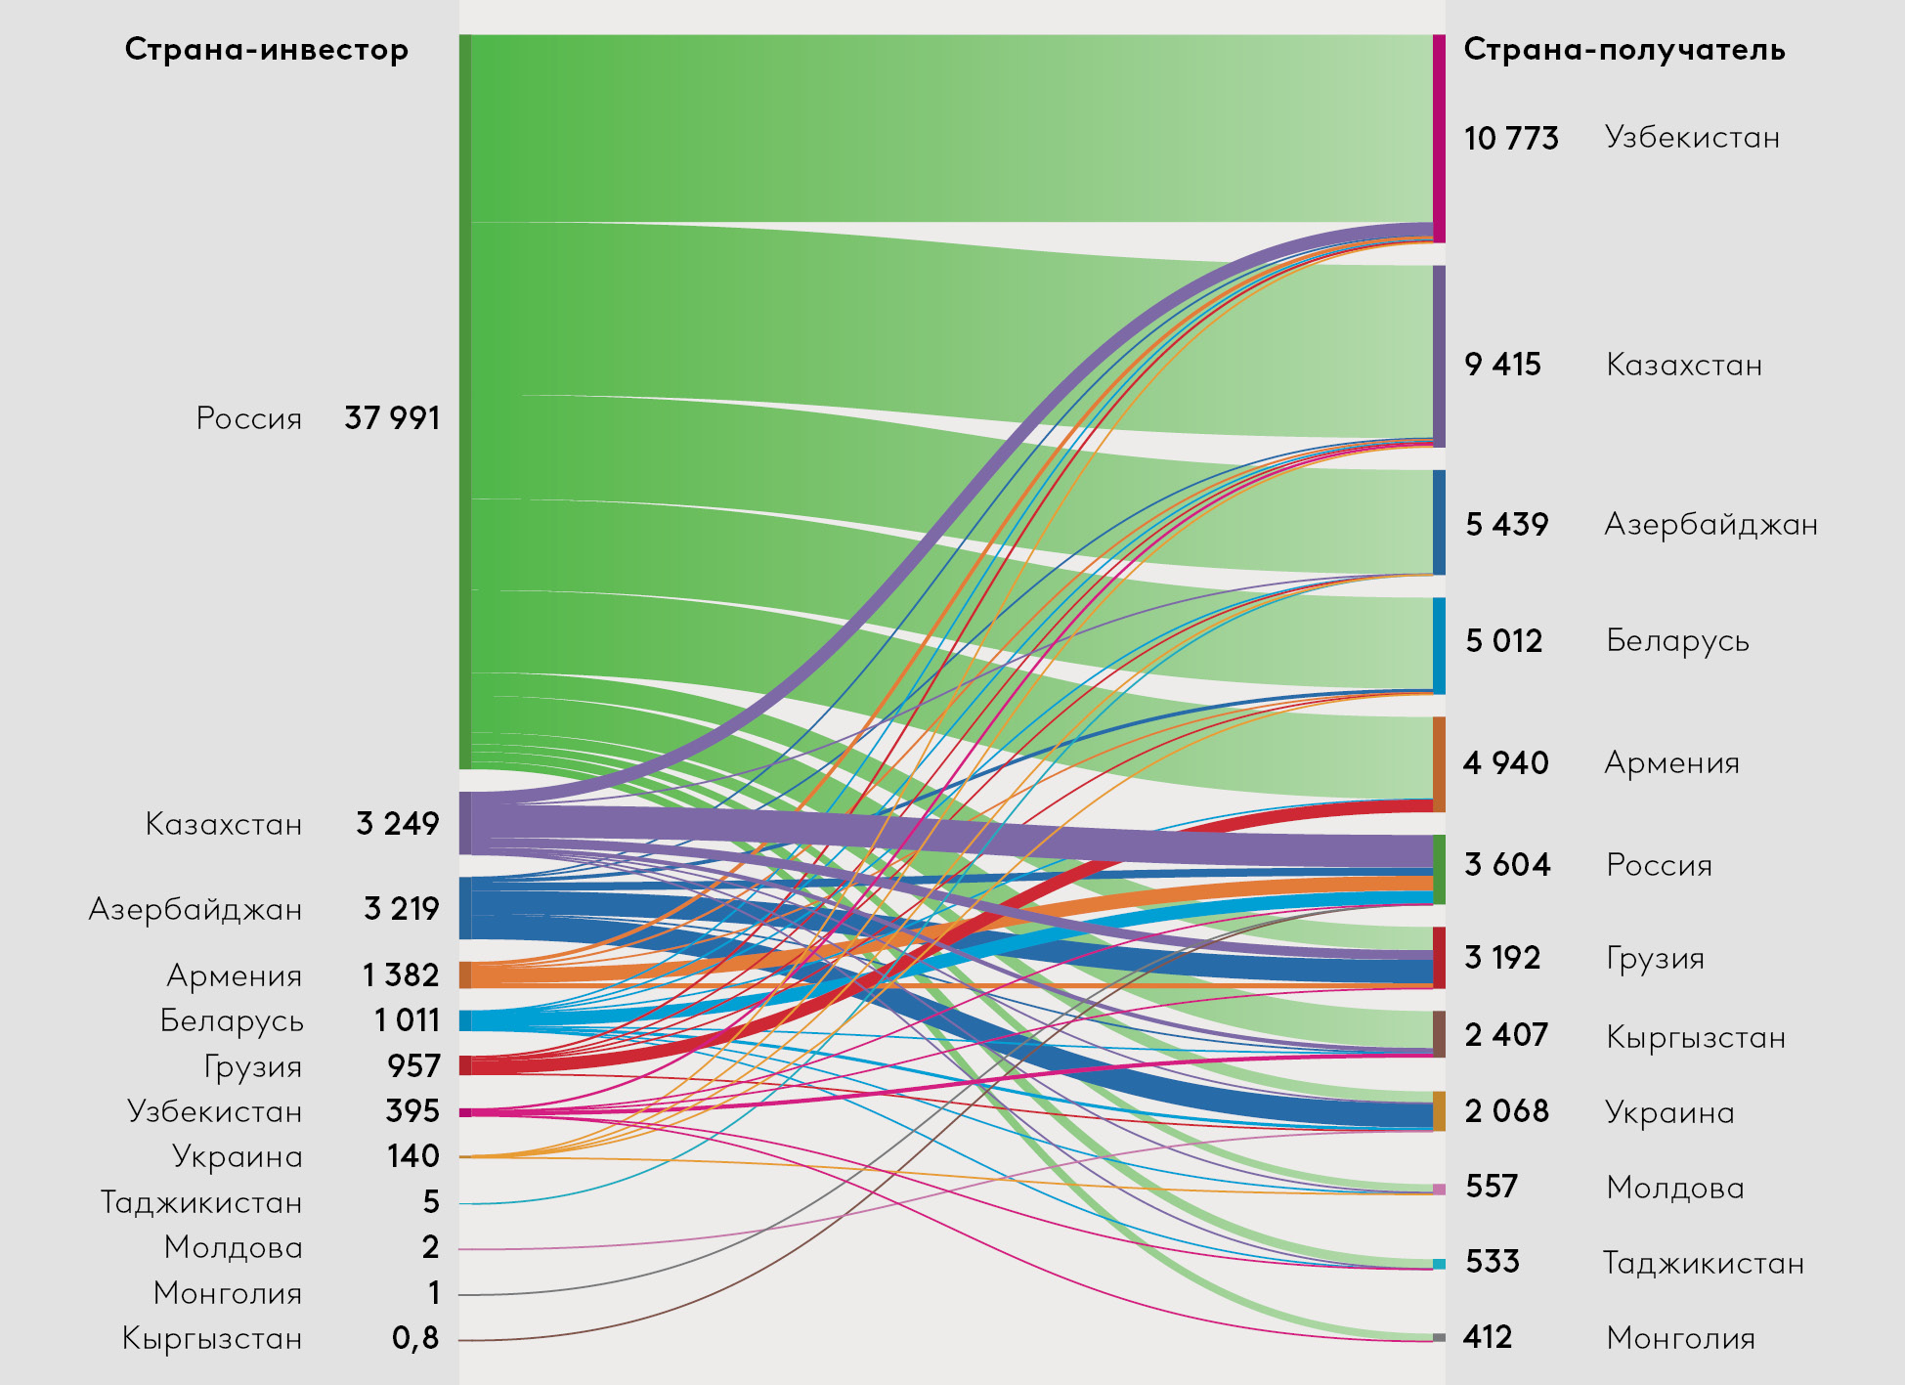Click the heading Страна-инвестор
(266, 49)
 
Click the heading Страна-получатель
(1624, 49)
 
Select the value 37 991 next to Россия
(392, 418)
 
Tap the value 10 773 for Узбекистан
(1511, 139)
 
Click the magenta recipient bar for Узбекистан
(1439, 137)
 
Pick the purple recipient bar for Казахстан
(1439, 356)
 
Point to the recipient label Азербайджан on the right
(1710, 525)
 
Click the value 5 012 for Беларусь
(1503, 641)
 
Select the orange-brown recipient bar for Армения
(1439, 762)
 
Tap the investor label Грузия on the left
(252, 1066)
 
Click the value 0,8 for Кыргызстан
(415, 1338)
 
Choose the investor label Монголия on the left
(228, 1293)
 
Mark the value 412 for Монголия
(1488, 1337)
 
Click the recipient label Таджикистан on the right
(1703, 1263)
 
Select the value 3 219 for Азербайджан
(402, 909)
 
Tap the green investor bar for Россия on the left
(465, 401)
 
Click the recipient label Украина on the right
(1669, 1112)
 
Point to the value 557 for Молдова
(1492, 1187)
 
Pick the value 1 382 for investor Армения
(401, 975)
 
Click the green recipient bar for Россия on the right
(1439, 868)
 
